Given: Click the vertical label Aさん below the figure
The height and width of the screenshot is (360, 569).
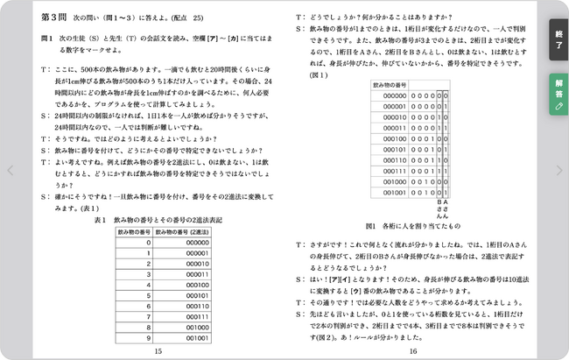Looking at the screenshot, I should pos(446,209).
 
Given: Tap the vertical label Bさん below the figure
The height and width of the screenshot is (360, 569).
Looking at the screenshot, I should pos(439,209).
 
